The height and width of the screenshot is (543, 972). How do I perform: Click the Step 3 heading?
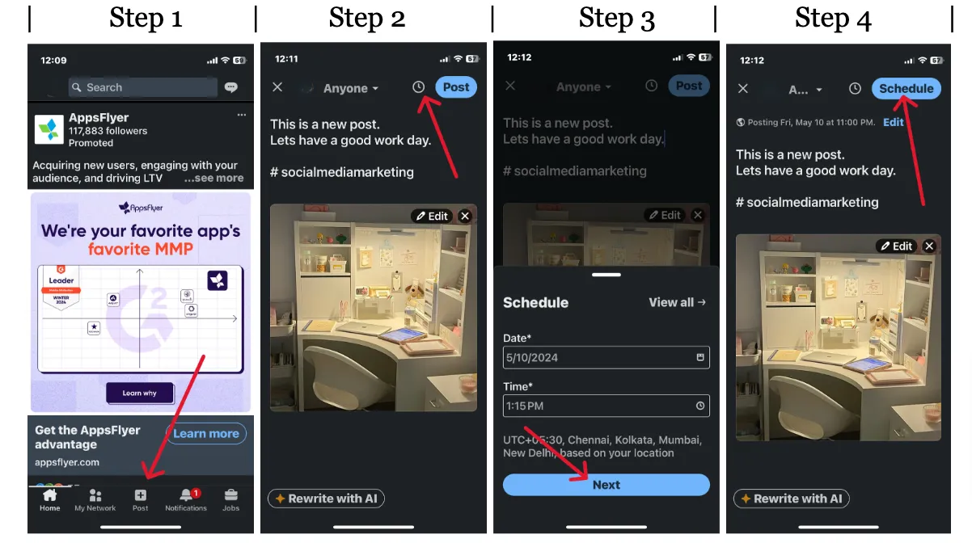[616, 19]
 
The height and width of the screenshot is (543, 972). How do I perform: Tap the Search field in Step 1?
[143, 87]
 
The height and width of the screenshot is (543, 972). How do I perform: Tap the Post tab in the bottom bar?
[140, 499]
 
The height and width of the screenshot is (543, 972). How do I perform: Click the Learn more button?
[205, 434]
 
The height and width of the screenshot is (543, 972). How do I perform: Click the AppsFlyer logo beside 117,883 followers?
[49, 129]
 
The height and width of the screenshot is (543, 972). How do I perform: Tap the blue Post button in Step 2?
[455, 87]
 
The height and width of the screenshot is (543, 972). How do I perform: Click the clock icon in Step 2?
[418, 87]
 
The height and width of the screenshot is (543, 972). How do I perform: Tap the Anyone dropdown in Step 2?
[350, 89]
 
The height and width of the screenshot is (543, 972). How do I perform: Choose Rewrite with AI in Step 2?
[326, 499]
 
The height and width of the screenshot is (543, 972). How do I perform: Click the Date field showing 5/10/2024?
[606, 357]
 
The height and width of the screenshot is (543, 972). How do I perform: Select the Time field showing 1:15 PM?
[606, 406]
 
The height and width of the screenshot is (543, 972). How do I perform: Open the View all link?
[677, 302]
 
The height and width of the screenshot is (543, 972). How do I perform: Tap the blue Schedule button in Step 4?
[906, 89]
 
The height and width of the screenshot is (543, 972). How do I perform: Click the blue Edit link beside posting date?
[894, 122]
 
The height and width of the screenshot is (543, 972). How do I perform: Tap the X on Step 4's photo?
[929, 246]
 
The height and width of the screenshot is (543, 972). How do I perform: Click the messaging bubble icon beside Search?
[231, 87]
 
